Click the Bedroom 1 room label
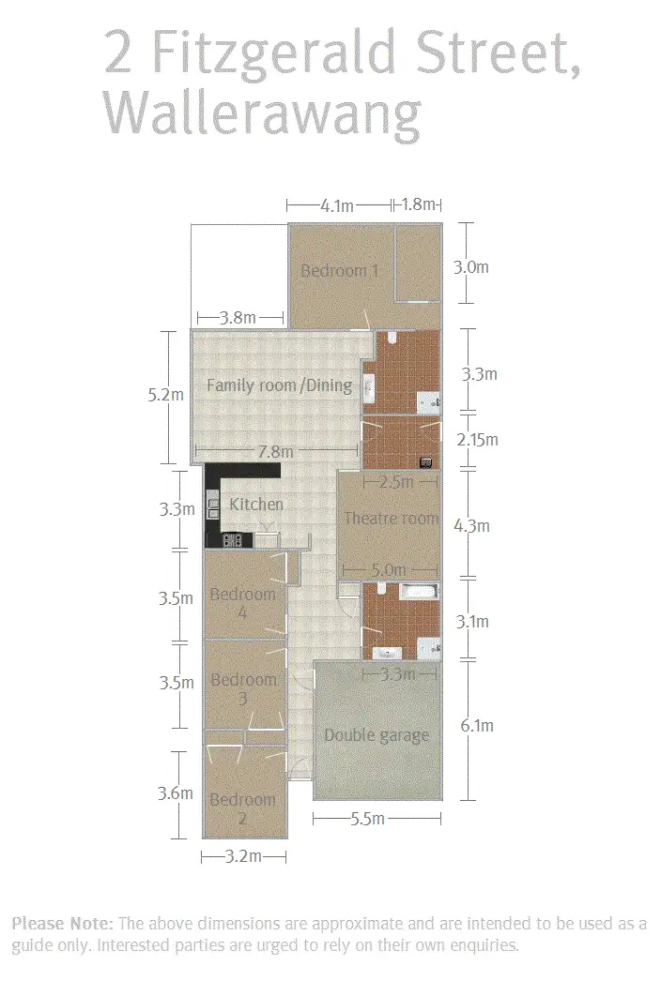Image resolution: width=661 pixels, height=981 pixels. tap(339, 271)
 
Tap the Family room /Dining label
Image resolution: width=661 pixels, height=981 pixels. tap(279, 385)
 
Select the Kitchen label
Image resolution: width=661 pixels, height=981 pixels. tap(256, 505)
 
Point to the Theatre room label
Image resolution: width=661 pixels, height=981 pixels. tap(391, 519)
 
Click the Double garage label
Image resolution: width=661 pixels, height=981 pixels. tap(376, 735)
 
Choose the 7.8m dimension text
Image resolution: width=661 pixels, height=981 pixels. tap(275, 452)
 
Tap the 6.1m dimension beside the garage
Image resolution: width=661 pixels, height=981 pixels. tap(475, 725)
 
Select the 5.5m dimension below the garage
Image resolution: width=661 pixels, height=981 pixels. tap(367, 819)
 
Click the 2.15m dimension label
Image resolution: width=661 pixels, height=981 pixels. tap(477, 439)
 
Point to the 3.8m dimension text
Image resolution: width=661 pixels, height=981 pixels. tap(238, 318)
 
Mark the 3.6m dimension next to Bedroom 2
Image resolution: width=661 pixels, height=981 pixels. tap(175, 793)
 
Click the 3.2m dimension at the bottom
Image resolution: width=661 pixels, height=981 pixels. tap(243, 856)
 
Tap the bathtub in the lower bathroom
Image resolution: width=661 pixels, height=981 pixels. tap(419, 592)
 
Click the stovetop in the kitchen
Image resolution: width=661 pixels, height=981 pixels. tap(233, 539)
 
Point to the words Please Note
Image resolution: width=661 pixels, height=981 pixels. tap(62, 924)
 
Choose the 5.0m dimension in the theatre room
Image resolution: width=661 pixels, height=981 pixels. tap(388, 569)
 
